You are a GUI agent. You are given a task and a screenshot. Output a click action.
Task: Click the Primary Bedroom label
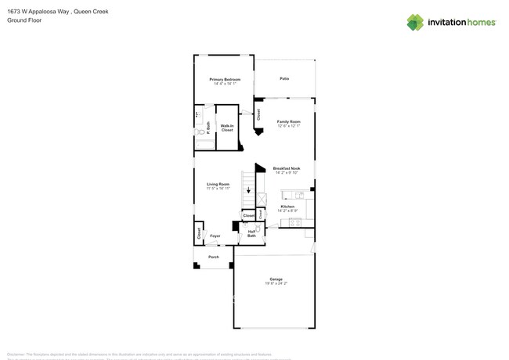pos(225,79)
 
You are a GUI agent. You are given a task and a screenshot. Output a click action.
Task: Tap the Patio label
pos(284,78)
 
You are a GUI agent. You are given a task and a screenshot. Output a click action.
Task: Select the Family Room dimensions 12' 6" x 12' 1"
pos(288,126)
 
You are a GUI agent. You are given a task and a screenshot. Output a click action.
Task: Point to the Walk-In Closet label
pos(227,128)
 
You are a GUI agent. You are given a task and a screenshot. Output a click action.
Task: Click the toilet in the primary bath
pos(200,132)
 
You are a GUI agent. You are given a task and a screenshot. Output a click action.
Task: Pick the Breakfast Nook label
pos(287,168)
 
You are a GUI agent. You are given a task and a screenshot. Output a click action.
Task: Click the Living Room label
pos(218,184)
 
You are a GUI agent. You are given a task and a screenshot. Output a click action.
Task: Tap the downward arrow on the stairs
pos(249,190)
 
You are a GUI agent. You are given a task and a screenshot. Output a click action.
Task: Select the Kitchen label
pos(287,207)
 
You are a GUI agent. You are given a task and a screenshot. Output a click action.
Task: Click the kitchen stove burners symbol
pos(295,223)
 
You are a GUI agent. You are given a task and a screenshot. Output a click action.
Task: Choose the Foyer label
pos(215,236)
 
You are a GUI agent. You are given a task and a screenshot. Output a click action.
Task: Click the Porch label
pos(213,257)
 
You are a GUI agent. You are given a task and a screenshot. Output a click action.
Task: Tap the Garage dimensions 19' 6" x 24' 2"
pos(276,283)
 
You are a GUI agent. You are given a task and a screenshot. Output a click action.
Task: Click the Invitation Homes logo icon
pos(415,23)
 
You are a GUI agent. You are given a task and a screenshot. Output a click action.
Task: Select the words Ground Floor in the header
pos(24,20)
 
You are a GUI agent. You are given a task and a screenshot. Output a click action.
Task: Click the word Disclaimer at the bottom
pos(16,354)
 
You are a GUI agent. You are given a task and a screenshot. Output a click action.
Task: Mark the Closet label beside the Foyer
pos(199,233)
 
